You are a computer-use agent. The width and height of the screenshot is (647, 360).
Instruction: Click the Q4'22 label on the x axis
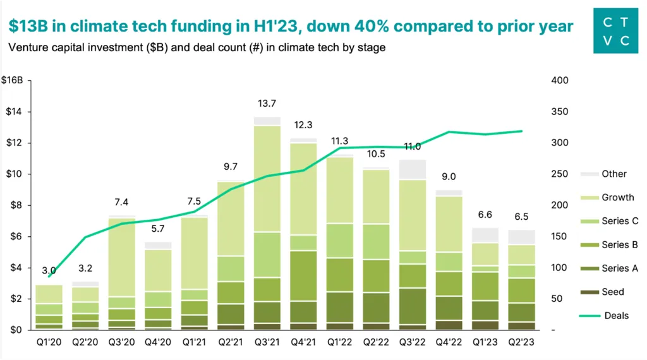(x=449, y=344)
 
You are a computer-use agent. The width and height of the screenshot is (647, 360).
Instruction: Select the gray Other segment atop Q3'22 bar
(x=413, y=170)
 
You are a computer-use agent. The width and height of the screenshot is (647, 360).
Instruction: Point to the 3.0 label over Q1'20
(x=49, y=271)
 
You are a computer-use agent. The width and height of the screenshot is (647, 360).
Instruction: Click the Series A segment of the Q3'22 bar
(x=413, y=306)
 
